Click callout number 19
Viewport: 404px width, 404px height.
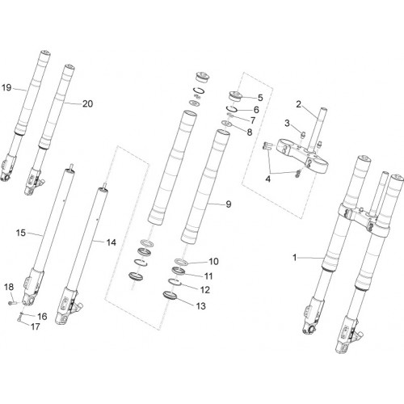pyautogui.click(x=6, y=87)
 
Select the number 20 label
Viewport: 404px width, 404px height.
pyautogui.click(x=87, y=103)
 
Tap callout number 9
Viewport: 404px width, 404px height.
pyautogui.click(x=229, y=204)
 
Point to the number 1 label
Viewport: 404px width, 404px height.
pyautogui.click(x=295, y=258)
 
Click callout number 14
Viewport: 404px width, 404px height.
pyautogui.click(x=111, y=242)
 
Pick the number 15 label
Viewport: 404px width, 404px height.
pyautogui.click(x=21, y=233)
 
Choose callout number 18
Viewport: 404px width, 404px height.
pyautogui.click(x=9, y=287)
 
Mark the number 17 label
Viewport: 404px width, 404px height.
pyautogui.click(x=36, y=326)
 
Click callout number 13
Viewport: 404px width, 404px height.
pyautogui.click(x=200, y=306)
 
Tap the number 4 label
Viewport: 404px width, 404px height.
pyautogui.click(x=267, y=179)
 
